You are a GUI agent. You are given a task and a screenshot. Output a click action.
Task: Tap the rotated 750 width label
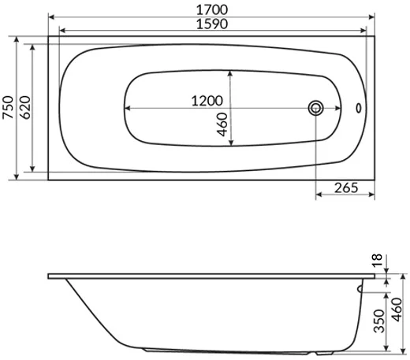click(x=8, y=108)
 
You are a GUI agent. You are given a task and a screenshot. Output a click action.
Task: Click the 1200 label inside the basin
click(x=207, y=102)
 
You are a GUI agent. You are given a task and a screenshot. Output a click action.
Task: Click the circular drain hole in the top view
click(x=316, y=108)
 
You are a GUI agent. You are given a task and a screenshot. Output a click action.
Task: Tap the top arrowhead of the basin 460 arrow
click(x=229, y=72)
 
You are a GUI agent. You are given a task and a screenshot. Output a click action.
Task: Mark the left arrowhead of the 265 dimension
click(x=318, y=195)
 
